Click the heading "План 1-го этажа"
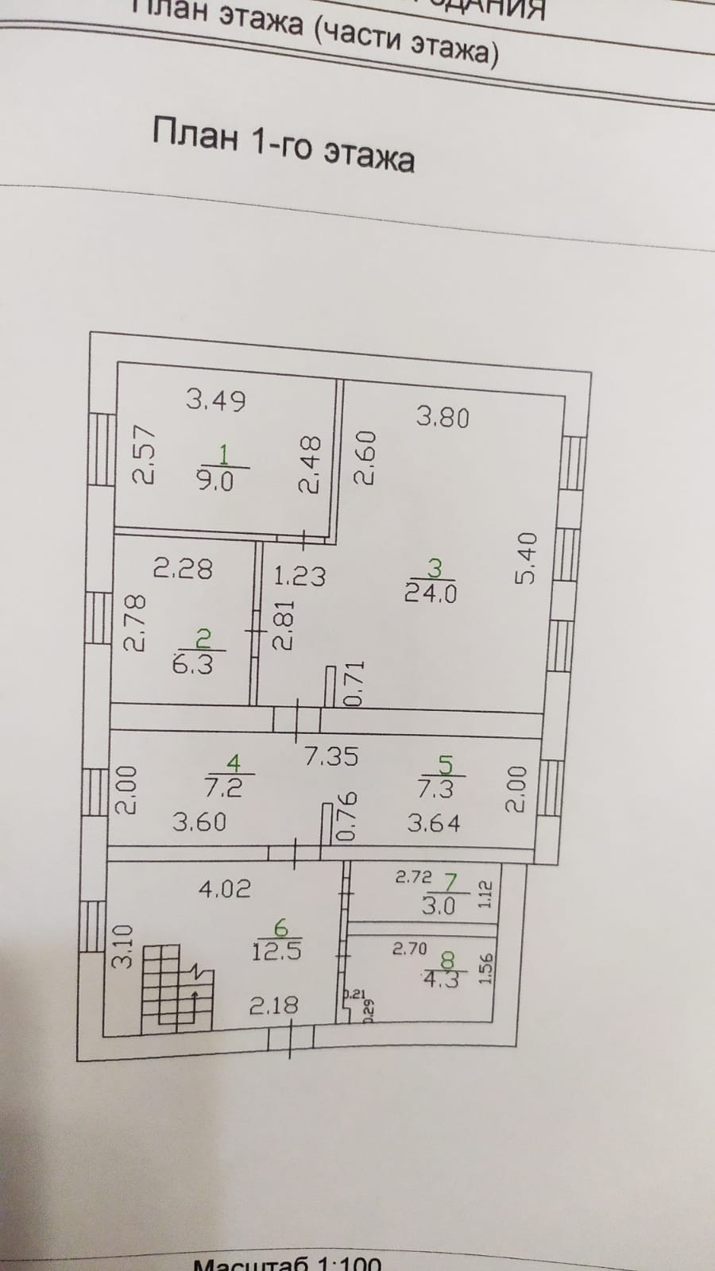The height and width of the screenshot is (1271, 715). click(283, 142)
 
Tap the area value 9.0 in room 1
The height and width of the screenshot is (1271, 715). click(214, 481)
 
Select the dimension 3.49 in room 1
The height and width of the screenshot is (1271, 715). click(216, 399)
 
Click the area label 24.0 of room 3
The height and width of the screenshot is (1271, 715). click(431, 593)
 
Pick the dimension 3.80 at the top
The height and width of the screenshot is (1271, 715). click(443, 417)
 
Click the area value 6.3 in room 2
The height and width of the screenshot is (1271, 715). click(193, 663)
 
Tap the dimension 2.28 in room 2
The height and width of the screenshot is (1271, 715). click(183, 569)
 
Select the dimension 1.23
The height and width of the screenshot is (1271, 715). click(300, 575)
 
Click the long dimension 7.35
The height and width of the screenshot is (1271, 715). click(331, 755)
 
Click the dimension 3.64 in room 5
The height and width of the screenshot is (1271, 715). click(434, 823)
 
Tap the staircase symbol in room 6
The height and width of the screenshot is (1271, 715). click(179, 987)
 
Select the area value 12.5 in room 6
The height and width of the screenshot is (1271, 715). click(276, 950)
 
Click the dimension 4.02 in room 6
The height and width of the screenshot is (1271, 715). click(224, 888)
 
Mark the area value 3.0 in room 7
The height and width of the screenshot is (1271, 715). click(438, 906)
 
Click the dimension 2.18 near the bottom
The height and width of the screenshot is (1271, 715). click(274, 1006)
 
